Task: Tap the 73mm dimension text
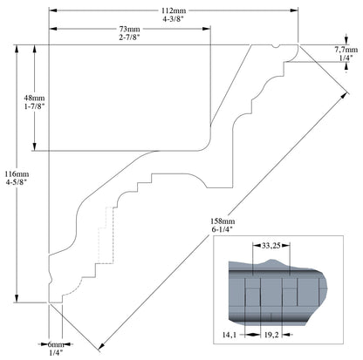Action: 130,29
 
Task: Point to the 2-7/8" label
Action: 130,37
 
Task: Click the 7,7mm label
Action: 346,50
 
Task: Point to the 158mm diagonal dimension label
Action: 223,222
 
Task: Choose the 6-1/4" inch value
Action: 223,231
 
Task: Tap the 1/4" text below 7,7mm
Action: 346,58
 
